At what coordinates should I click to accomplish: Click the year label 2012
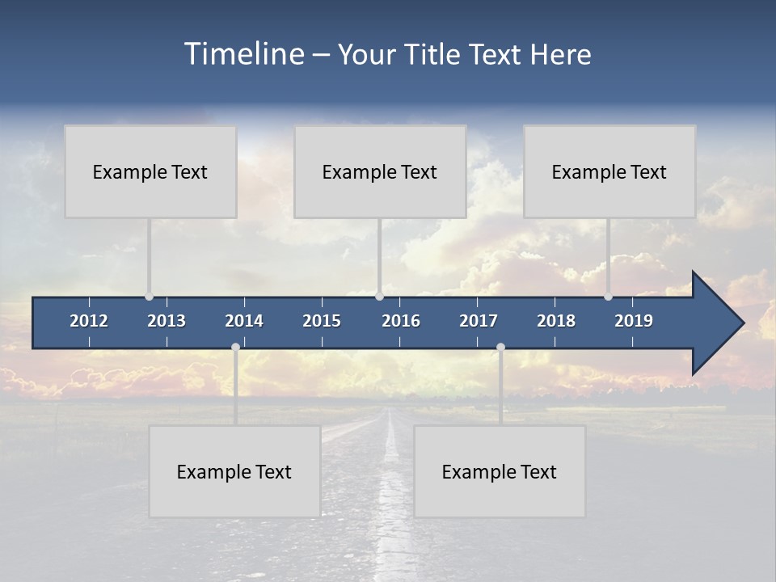pos(89,321)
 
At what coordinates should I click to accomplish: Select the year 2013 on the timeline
pos(167,321)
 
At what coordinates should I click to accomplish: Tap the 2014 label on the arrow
pos(244,321)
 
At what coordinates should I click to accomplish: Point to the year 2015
pos(322,321)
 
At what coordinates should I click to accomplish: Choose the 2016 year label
pos(401,321)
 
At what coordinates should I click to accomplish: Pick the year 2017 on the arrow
pos(479,321)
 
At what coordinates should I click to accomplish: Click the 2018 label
pos(556,321)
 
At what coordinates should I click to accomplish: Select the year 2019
pos(634,321)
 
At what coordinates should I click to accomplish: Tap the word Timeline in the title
pos(243,54)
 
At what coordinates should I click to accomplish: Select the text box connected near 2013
pos(150,171)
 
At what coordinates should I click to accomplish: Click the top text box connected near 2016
pos(380,171)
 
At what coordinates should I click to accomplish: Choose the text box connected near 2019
pos(609,171)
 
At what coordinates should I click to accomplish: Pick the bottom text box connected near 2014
pos(234,471)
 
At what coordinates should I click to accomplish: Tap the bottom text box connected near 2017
pos(500,471)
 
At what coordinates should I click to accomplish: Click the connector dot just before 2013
pos(150,296)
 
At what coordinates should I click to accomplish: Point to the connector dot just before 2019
pos(609,296)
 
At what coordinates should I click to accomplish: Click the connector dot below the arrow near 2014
pos(235,347)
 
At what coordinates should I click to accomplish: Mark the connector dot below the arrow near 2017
pos(500,347)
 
